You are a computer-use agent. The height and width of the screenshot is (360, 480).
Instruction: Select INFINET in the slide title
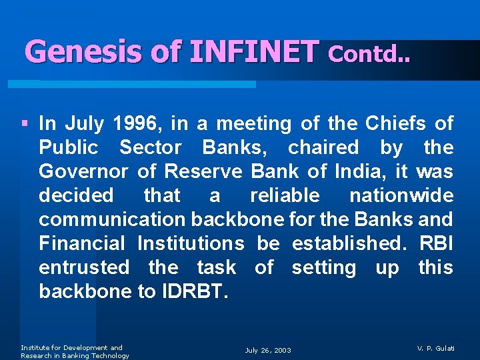pyautogui.click(x=254, y=51)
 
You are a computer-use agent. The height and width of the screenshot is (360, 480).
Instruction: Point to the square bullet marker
pyautogui.click(x=25, y=123)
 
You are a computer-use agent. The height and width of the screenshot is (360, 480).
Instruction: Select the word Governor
pyautogui.click(x=83, y=171)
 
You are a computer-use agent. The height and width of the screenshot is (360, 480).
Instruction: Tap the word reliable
pyautogui.click(x=285, y=195)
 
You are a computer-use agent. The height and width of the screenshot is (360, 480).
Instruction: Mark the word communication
pyautogui.click(x=112, y=219)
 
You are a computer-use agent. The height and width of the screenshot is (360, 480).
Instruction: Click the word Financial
pyautogui.click(x=82, y=243)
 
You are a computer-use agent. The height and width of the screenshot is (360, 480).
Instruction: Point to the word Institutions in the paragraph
pyautogui.click(x=191, y=243)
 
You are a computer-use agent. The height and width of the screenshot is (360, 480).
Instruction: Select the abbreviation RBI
pyautogui.click(x=436, y=243)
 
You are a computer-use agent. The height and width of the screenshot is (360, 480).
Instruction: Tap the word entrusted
pyautogui.click(x=84, y=267)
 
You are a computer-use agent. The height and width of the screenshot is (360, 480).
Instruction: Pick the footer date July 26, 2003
pyautogui.click(x=268, y=350)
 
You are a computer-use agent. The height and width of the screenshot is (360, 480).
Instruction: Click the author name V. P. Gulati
pyautogui.click(x=435, y=348)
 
